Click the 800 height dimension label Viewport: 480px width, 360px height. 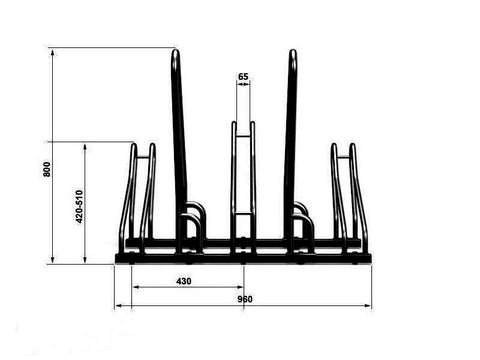47,169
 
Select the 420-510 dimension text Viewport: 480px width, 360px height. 79,207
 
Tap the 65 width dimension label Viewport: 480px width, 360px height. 243,77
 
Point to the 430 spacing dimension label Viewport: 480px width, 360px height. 184,281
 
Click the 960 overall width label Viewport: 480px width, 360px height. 245,299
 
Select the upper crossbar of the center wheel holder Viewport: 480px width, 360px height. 243,135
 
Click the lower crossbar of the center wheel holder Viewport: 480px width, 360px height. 243,214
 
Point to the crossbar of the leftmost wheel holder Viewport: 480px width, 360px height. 143,157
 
